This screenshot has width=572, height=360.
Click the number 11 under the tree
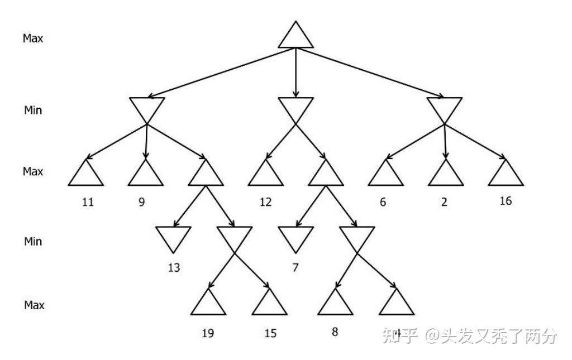click(x=88, y=201)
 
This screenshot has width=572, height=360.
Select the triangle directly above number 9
click(x=145, y=175)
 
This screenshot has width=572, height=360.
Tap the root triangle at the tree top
click(x=295, y=36)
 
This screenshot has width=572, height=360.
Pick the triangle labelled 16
click(x=506, y=175)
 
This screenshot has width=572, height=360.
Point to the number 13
click(x=174, y=267)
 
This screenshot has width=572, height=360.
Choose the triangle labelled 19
click(x=208, y=305)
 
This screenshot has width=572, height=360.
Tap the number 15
click(x=270, y=333)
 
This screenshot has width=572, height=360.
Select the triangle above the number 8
click(x=336, y=305)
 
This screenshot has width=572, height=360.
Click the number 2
click(x=444, y=202)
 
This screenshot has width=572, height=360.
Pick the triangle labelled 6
click(x=385, y=175)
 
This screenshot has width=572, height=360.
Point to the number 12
click(x=265, y=201)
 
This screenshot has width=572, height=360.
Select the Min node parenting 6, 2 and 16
click(x=445, y=108)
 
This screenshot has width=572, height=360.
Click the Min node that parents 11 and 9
click(x=147, y=108)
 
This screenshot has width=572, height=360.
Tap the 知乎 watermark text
click(x=399, y=335)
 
